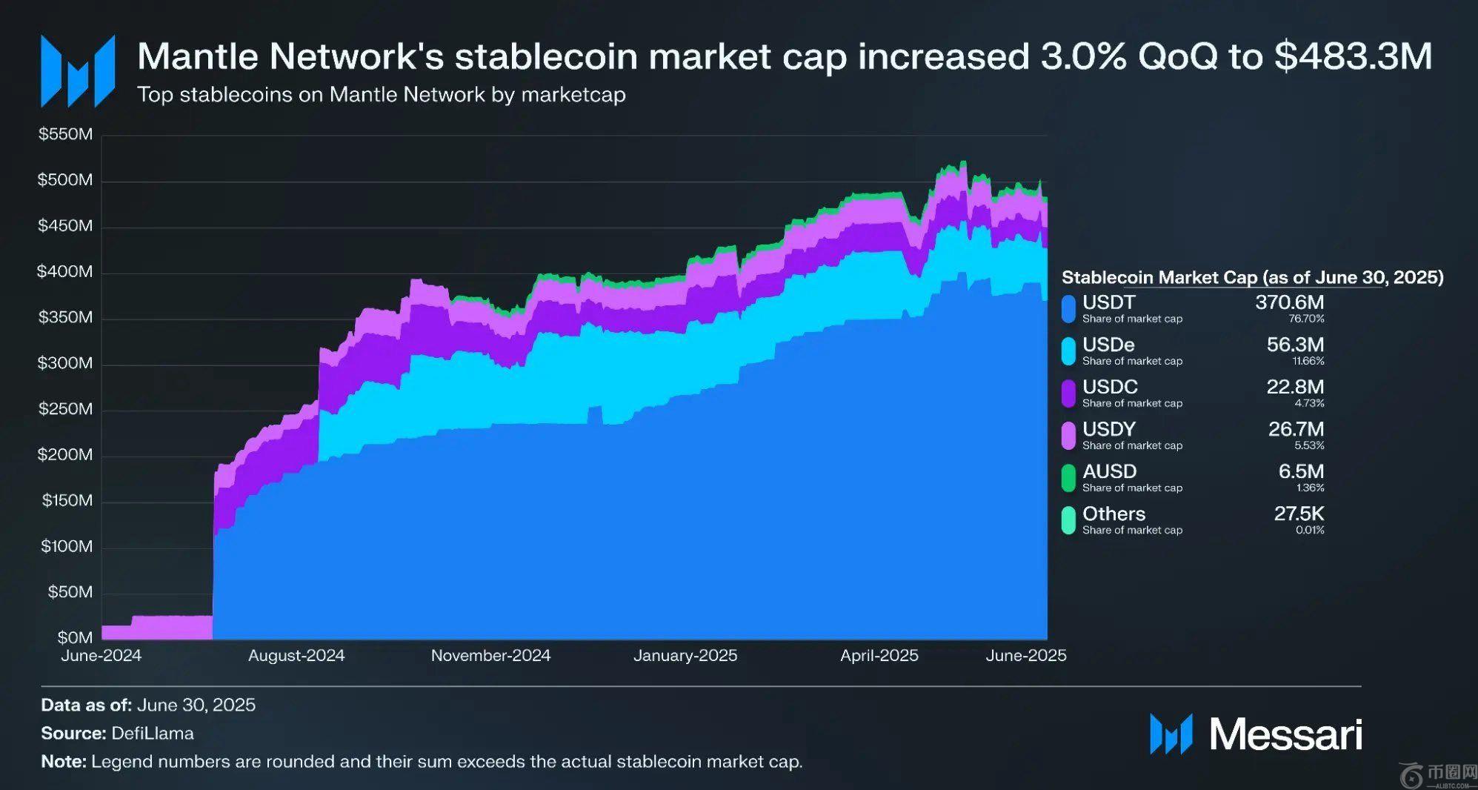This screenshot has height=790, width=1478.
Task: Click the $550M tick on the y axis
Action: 65,134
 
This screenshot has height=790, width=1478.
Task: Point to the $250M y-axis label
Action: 65,409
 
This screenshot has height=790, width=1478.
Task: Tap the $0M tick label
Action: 75,637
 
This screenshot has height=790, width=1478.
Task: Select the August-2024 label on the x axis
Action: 296,656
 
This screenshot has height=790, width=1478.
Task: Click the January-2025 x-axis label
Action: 685,656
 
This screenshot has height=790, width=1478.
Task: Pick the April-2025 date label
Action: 879,656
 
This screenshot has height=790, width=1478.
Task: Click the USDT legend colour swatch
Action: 1068,309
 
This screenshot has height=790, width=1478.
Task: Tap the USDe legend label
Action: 1108,345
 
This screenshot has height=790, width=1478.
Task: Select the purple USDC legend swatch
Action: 1068,394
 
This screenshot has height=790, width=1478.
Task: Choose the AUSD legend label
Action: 1109,471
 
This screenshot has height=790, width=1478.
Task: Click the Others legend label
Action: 1114,514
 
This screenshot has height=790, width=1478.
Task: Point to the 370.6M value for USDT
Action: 1289,302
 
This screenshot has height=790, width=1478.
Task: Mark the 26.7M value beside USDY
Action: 1296,429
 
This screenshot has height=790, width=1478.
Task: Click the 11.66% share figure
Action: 1308,362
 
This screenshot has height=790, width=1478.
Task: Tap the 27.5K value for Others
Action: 1299,514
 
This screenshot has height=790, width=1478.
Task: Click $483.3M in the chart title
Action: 1353,56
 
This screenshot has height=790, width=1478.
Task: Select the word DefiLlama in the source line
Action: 153,734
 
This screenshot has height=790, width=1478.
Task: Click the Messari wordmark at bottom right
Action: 1285,734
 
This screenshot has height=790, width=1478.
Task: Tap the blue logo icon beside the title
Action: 78,71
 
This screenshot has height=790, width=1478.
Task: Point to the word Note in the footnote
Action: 63,762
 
